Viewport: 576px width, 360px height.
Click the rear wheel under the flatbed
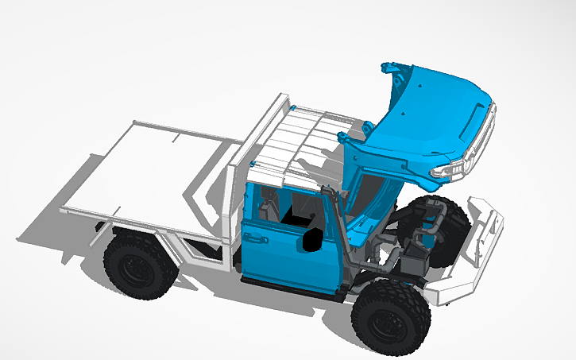(138, 265)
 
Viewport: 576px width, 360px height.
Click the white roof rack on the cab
(298, 139)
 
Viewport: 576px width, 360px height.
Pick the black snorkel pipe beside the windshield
(340, 230)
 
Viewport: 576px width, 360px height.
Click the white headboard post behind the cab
(233, 207)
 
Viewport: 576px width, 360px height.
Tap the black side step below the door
(286, 287)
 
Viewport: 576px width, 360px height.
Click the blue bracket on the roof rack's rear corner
(294, 107)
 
